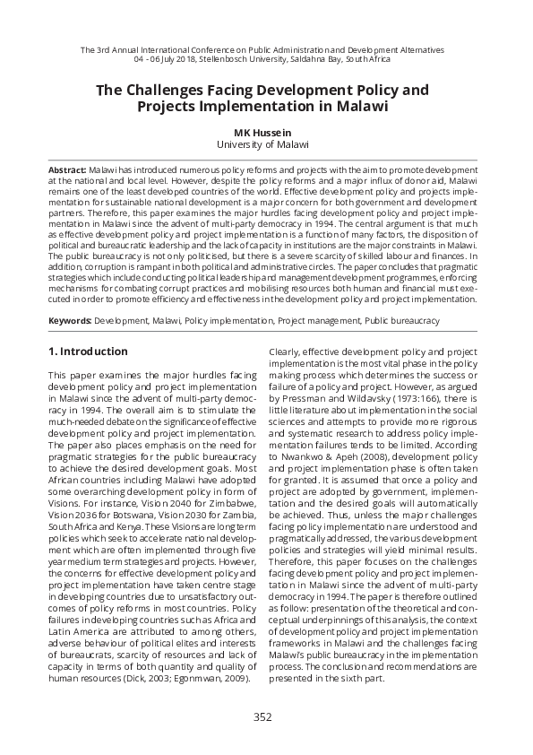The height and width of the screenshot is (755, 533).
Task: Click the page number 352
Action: pos(262,716)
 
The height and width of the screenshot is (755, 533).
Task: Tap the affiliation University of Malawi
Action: pos(262,143)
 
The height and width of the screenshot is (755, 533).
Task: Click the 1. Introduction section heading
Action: pos(88,351)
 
